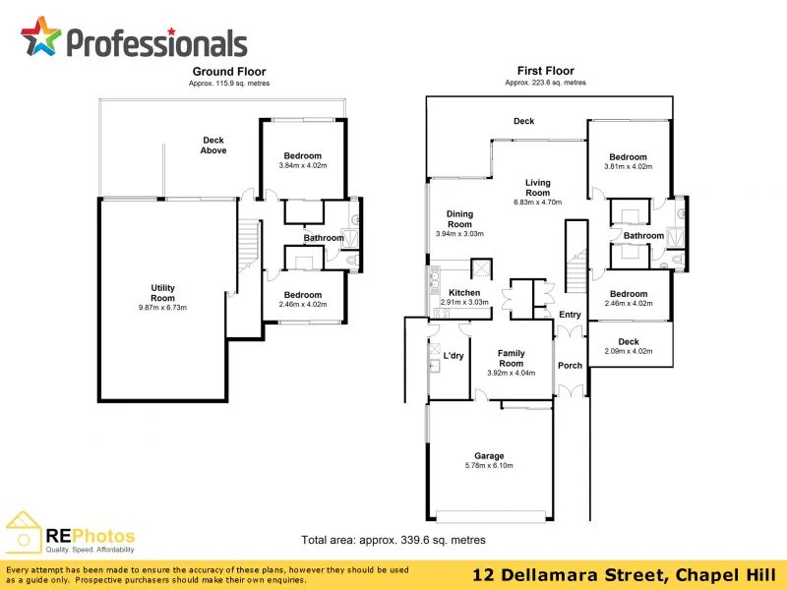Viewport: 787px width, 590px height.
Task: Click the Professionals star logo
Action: pyautogui.click(x=40, y=37)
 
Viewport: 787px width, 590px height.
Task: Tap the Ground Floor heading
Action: pyautogui.click(x=228, y=72)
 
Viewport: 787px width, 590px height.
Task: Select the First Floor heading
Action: pyautogui.click(x=545, y=71)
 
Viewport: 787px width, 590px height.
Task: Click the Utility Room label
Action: pyautogui.click(x=162, y=293)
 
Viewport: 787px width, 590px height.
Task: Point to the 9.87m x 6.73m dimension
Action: pyautogui.click(x=162, y=308)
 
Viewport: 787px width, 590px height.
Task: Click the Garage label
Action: pyautogui.click(x=489, y=455)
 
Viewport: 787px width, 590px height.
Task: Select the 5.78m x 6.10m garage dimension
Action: pyautogui.click(x=489, y=466)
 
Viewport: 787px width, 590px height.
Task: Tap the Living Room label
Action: pyautogui.click(x=537, y=187)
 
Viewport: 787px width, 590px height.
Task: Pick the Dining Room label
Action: pyautogui.click(x=459, y=218)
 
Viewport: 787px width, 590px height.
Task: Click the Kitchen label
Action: pyautogui.click(x=464, y=293)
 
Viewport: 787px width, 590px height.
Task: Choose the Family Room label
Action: pyautogui.click(x=511, y=358)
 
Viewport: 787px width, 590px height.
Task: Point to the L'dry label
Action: pyautogui.click(x=454, y=356)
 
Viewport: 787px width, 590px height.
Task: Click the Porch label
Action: pyautogui.click(x=570, y=366)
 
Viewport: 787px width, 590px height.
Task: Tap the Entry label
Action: pyautogui.click(x=570, y=315)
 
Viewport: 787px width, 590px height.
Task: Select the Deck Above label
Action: pyautogui.click(x=213, y=146)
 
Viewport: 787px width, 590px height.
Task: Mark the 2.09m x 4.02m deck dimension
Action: pyautogui.click(x=628, y=351)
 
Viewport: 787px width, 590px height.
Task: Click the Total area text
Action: pyautogui.click(x=393, y=540)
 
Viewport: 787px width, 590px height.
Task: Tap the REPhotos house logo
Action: pyautogui.click(x=24, y=532)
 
